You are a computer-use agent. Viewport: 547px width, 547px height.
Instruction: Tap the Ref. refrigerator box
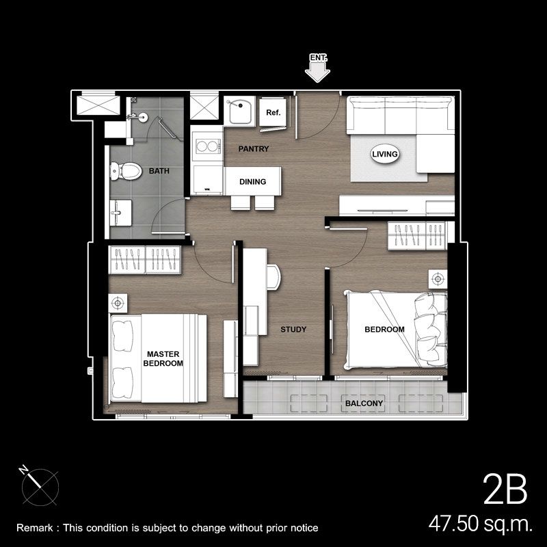tap(273, 112)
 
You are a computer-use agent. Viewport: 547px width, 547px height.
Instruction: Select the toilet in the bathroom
tap(126, 171)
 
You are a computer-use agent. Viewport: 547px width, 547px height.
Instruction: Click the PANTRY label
tap(254, 149)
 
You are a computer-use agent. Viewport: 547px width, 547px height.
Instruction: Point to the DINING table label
tap(252, 182)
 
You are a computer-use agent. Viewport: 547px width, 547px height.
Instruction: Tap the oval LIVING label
tap(385, 154)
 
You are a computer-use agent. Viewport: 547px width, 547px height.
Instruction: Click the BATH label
tap(159, 171)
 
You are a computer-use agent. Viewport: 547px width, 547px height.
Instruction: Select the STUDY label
tap(293, 330)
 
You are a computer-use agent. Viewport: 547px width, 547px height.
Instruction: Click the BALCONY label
tap(364, 403)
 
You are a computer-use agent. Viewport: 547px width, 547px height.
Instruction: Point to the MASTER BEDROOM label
tap(163, 358)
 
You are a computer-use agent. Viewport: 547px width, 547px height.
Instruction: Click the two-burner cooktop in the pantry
tap(208, 146)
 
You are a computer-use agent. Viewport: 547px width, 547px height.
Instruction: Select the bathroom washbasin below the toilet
tap(121, 213)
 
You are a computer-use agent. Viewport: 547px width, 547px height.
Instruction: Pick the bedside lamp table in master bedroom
tap(118, 303)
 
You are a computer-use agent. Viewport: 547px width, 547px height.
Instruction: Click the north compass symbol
tap(39, 487)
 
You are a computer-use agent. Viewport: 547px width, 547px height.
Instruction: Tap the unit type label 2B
tap(505, 489)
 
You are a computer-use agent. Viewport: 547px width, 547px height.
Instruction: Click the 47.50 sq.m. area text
tap(481, 524)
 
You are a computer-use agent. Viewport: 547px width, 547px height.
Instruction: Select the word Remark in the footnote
tap(35, 528)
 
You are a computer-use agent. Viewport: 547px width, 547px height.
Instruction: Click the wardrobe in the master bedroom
tap(145, 260)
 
